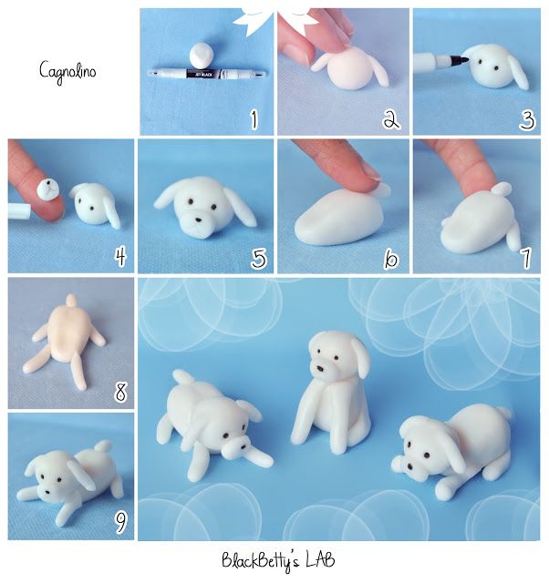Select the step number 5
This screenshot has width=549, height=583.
click(x=259, y=260)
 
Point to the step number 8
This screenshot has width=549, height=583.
click(x=120, y=394)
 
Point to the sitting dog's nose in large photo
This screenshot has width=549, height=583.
click(x=322, y=368)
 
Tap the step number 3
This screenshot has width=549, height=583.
click(x=526, y=118)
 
